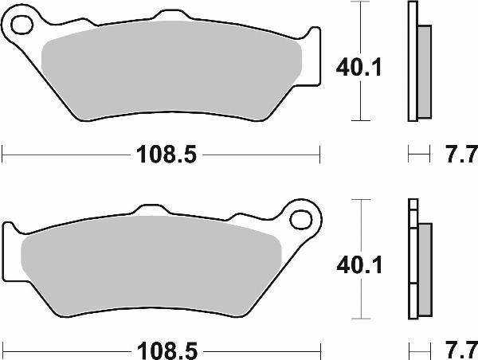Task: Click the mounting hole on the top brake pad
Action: coord(22,27)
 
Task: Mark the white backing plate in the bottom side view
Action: coord(412,263)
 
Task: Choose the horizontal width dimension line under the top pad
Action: coord(64,151)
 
